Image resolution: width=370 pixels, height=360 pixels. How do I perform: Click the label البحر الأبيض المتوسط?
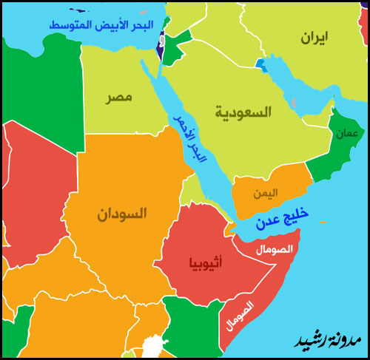pos(105,24)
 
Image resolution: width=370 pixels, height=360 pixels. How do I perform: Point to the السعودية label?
pos(243,112)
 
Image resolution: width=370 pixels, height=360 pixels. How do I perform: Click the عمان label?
pos(346,134)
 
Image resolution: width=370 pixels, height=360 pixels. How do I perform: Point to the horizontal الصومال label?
pos(275,249)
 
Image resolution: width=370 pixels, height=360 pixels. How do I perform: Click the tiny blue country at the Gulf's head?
pos(260,64)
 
